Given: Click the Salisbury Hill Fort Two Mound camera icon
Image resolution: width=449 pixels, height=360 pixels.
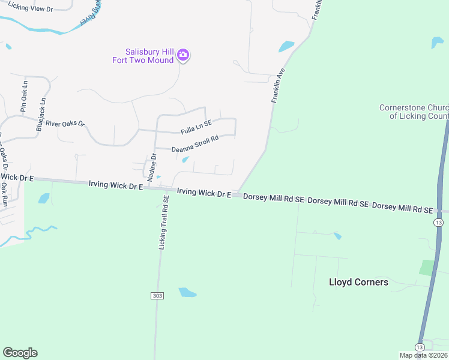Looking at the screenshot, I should [x=183, y=56].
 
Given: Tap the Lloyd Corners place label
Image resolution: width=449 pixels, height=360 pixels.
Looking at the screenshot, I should [x=358, y=282].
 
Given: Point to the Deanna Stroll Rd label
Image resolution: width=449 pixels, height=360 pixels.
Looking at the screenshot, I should [x=194, y=144].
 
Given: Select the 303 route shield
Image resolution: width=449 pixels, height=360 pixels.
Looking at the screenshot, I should [x=155, y=296].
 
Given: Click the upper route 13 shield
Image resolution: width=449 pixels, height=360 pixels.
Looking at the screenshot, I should [x=439, y=223].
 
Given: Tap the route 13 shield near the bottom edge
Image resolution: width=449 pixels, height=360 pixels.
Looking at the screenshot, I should [x=419, y=347].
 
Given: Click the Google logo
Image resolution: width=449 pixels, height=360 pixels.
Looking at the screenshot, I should [x=20, y=353].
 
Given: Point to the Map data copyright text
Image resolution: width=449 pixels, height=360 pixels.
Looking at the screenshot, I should [x=424, y=355].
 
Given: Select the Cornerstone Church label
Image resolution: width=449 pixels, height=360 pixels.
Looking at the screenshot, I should [x=414, y=112].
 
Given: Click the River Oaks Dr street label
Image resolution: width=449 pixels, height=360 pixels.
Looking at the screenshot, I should [x=65, y=119].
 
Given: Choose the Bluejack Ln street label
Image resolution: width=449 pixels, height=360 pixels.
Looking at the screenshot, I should [x=41, y=115].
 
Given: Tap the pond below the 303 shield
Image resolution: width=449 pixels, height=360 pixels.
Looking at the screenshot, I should [x=187, y=292].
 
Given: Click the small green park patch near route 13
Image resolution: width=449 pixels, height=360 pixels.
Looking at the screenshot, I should [x=427, y=268].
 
